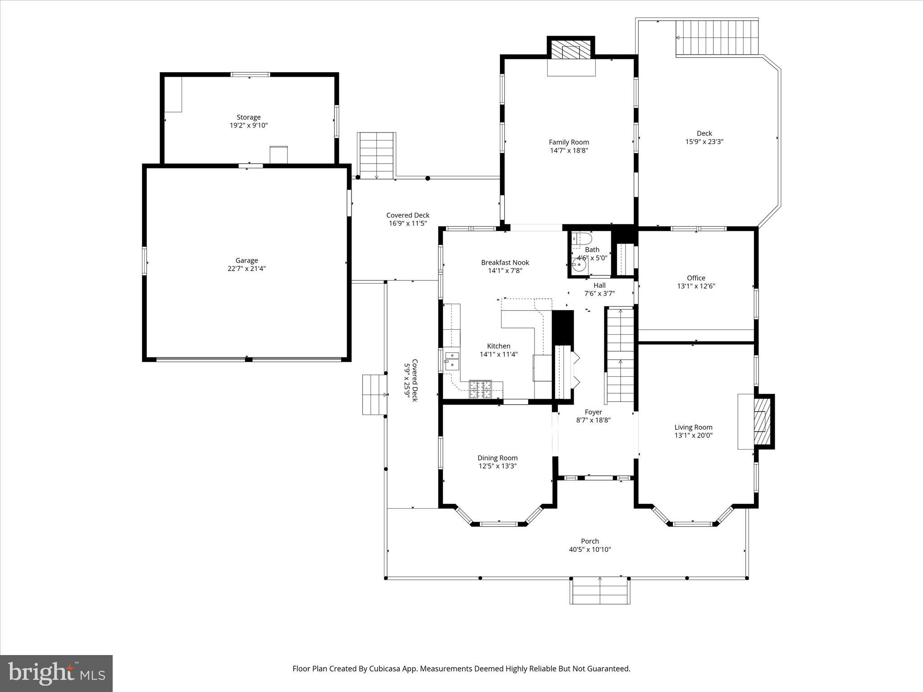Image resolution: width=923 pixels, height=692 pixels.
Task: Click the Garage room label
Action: click(247, 260)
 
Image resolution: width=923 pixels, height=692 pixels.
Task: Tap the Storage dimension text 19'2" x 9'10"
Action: click(249, 125)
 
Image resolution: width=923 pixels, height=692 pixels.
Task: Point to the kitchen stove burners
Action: click(480, 390)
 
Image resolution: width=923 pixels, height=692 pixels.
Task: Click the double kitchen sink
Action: click(452, 361)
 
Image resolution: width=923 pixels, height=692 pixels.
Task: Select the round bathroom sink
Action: click(579, 265)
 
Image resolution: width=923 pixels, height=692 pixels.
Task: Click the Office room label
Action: click(696, 278)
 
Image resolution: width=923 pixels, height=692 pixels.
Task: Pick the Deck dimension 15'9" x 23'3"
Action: click(704, 141)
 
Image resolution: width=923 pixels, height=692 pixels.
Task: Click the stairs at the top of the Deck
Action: click(717, 38)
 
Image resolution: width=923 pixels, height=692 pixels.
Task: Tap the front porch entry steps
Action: click(600, 591)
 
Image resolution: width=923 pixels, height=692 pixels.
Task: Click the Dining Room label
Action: click(498, 458)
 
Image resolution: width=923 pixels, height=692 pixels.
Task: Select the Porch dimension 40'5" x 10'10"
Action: click(589, 549)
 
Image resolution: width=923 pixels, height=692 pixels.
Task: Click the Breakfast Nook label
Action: click(505, 262)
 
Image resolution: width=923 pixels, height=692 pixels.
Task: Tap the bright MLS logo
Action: click(56, 674)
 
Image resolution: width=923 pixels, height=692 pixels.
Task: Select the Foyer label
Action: click(593, 412)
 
